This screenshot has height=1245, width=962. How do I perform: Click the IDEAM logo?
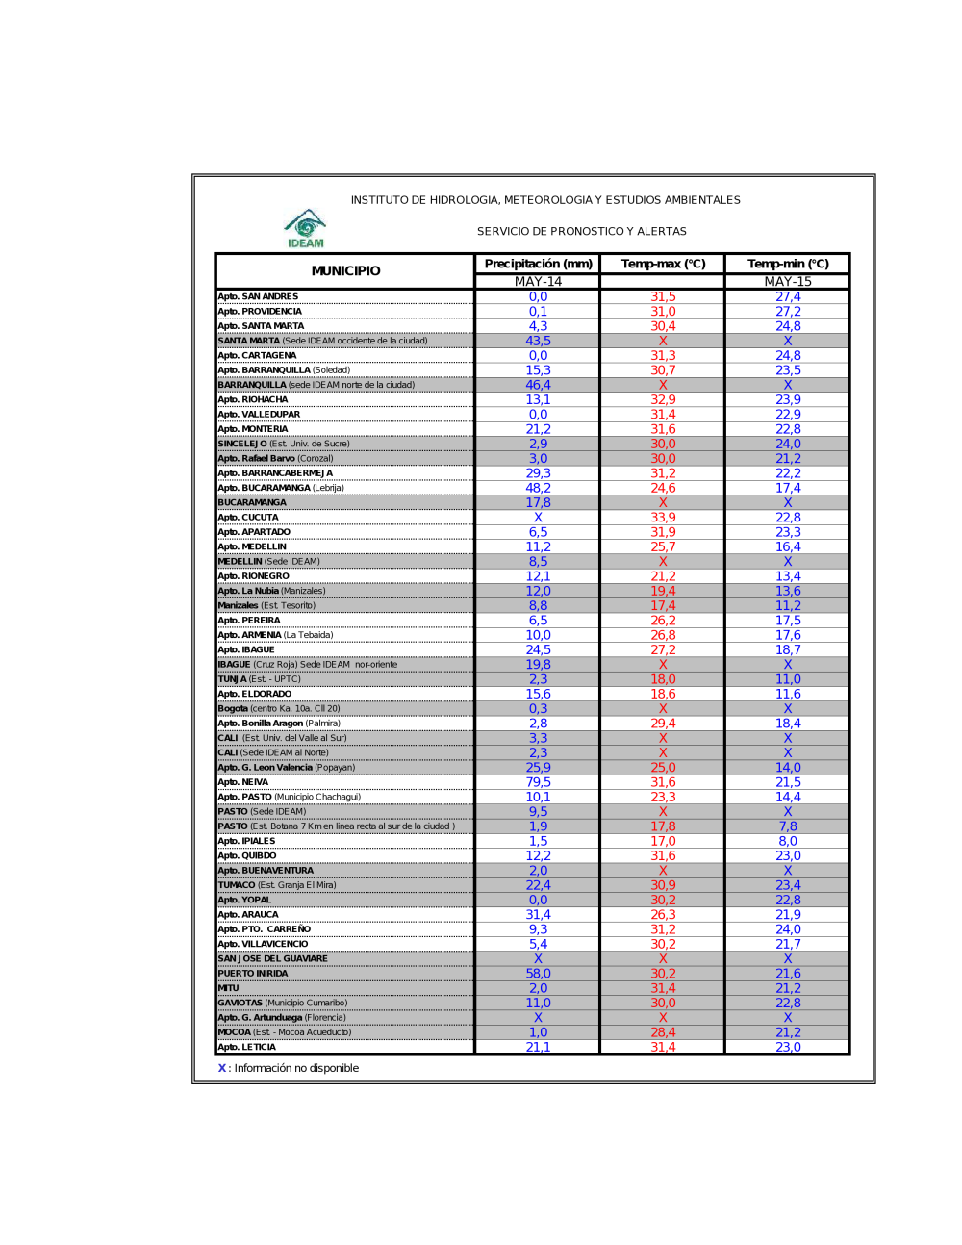[x=305, y=229]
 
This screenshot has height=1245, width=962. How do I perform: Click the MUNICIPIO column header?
[x=345, y=271]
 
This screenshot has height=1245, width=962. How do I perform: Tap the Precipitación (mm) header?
[x=538, y=264]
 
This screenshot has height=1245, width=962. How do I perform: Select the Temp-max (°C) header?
[x=663, y=264]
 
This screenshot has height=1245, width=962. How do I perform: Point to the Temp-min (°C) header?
[x=788, y=264]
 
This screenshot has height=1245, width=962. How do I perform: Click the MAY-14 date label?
[x=538, y=282]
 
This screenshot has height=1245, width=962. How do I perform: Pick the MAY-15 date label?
[x=788, y=282]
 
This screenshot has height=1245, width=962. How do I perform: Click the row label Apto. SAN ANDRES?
[x=258, y=296]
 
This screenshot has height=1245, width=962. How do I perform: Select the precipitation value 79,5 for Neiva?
[x=538, y=782]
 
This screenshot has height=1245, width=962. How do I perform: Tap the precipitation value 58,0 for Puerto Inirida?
[x=538, y=974]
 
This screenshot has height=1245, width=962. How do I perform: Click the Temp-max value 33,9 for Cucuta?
[x=663, y=518]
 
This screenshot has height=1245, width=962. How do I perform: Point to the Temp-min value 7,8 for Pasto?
[x=788, y=826]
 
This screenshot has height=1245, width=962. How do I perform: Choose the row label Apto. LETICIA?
[x=247, y=1047]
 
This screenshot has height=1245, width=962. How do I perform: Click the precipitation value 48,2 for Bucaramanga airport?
[x=538, y=488]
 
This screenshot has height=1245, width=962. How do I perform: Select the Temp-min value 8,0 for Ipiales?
[x=788, y=841]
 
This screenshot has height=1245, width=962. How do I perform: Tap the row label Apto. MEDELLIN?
[x=252, y=546]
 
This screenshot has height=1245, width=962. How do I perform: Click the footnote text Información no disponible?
[x=296, y=1068]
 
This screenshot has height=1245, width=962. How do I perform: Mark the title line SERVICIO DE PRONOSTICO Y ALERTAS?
[x=582, y=231]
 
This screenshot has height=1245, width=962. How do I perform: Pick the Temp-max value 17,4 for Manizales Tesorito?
[x=663, y=605]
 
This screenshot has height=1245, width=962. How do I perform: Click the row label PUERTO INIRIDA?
[x=253, y=974]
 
